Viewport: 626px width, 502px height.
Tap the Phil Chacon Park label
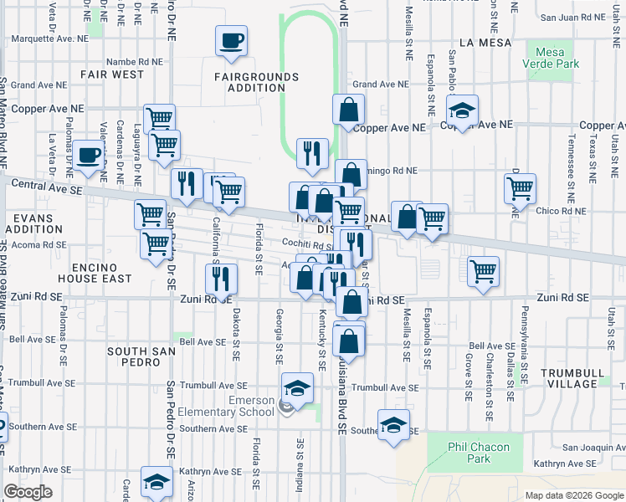pyautogui.click(x=478, y=453)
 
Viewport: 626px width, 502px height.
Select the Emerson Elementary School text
pyautogui.click(x=251, y=406)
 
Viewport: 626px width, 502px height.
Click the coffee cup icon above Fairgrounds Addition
pyautogui.click(x=232, y=40)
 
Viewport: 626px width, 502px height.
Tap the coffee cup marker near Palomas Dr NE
pyautogui.click(x=87, y=156)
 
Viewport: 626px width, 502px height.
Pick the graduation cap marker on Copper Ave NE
pyautogui.click(x=459, y=110)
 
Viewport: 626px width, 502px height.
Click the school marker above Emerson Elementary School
pyautogui.click(x=297, y=387)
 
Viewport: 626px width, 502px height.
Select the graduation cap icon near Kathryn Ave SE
pyautogui.click(x=156, y=481)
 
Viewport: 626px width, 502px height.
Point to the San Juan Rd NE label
pyautogui.click(x=577, y=17)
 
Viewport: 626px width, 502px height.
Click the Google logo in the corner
pyautogui.click(x=28, y=492)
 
